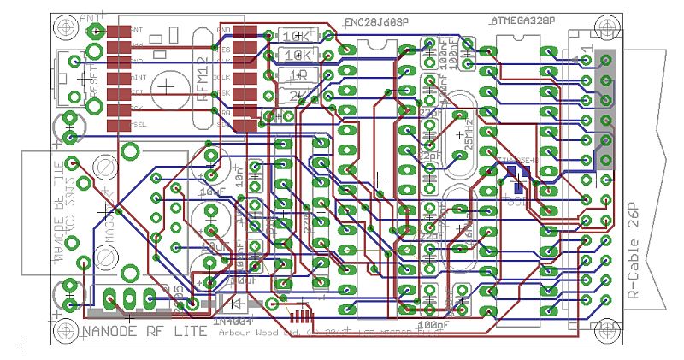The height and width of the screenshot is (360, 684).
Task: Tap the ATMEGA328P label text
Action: tap(524, 21)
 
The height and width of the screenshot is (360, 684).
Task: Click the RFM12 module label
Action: tap(203, 81)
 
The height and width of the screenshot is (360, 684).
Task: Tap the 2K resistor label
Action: tap(298, 95)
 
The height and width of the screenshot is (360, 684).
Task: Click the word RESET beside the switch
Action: tap(93, 80)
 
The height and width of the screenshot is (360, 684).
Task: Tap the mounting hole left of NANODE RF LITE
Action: tap(65, 329)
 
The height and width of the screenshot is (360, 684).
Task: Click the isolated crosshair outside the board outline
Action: tap(21, 344)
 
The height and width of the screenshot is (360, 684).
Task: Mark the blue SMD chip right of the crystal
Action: tap(516, 174)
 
